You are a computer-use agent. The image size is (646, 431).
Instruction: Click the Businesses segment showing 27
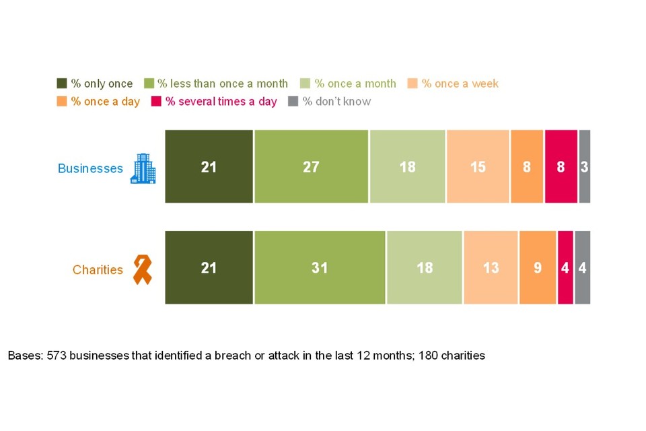point(311,166)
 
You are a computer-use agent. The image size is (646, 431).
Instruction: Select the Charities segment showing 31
point(320,267)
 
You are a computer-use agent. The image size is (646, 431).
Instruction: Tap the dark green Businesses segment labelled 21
point(209,166)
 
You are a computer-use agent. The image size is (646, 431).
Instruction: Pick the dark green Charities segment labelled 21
point(209,267)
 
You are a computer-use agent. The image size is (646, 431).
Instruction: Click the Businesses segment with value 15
point(478,166)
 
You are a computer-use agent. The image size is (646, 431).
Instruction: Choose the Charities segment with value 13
point(491,267)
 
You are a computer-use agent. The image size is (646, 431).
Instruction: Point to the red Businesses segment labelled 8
point(561,166)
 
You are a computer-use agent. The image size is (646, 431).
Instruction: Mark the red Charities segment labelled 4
point(565,267)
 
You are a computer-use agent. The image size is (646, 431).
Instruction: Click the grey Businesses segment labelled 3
point(585,166)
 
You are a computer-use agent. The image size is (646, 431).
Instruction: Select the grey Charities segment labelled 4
point(583,267)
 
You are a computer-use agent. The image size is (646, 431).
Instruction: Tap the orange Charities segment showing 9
point(538,267)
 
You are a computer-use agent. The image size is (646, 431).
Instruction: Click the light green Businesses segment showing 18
point(407,166)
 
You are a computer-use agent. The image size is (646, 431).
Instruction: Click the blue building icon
point(143,168)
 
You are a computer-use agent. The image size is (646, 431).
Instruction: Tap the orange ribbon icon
point(142,269)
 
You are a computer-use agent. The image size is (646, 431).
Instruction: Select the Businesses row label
point(90,168)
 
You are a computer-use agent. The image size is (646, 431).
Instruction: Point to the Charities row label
point(98,270)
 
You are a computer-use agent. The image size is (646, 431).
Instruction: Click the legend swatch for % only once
point(62,84)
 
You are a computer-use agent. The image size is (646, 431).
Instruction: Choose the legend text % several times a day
point(221,102)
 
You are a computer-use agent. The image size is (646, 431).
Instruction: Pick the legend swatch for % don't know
point(293,102)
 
